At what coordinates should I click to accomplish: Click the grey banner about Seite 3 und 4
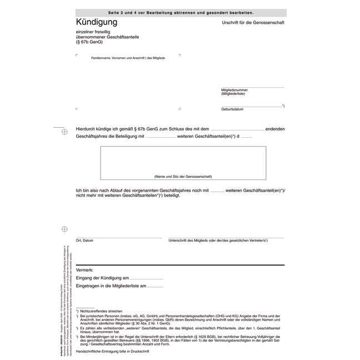coord(181,12)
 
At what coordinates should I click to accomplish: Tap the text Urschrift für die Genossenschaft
coord(253,23)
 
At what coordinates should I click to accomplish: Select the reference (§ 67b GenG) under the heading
coord(89,42)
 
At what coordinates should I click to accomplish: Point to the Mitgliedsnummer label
coord(234,89)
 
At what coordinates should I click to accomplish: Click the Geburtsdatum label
coord(232,109)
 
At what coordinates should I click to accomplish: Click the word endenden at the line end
coord(275,128)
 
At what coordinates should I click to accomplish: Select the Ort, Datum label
coord(85,241)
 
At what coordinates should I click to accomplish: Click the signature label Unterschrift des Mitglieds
coord(218,241)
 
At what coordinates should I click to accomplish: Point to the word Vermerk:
coord(85,269)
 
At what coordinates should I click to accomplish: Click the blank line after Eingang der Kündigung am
coord(147,278)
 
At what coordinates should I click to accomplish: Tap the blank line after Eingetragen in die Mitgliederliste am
coord(156,287)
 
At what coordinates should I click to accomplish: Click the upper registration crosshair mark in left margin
coord(64,132)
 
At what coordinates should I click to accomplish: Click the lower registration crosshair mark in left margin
coord(64,229)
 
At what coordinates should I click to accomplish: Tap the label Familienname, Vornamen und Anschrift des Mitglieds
coord(128,58)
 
